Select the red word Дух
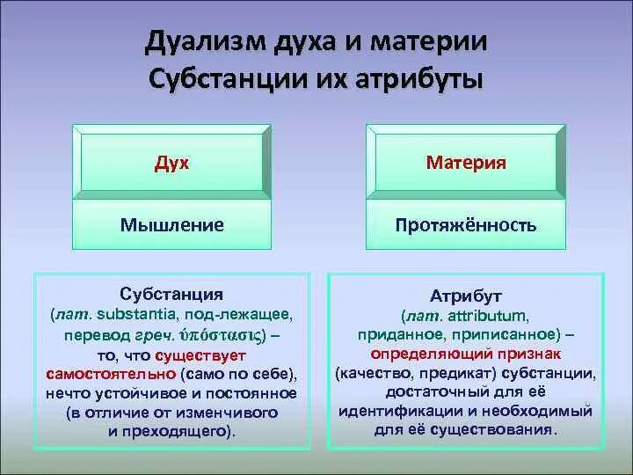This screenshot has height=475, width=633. coord(171,164)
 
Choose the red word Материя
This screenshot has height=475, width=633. coord(466,163)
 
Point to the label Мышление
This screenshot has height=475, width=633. coord(172,225)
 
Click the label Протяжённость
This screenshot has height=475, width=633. coord(466,225)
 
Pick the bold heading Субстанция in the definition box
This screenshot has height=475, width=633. coord(171,295)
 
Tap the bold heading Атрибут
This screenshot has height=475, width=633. coord(465,296)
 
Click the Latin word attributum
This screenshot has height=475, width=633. coord(488,316)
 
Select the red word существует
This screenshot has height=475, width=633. coord(200,356)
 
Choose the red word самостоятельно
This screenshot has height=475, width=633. coord(112,375)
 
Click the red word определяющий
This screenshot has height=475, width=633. coord(432,354)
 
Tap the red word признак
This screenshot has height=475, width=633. coord(529,354)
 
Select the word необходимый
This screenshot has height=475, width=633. coord(537,412)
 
